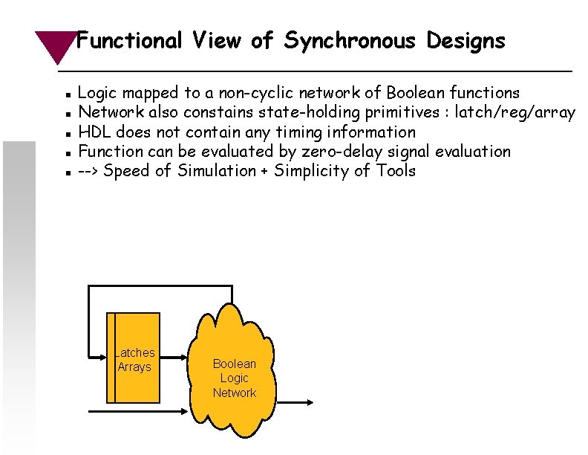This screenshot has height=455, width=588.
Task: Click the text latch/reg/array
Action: tap(520, 112)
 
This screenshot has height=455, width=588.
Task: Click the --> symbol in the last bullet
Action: tap(89, 171)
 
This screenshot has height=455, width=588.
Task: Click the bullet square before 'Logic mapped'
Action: tap(68, 95)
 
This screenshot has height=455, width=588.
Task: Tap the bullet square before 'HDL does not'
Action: tap(68, 134)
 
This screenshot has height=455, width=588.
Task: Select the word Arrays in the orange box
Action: tap(134, 367)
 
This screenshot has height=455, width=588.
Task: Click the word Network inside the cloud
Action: tap(234, 393)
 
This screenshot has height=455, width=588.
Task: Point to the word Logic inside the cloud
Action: tap(234, 378)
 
